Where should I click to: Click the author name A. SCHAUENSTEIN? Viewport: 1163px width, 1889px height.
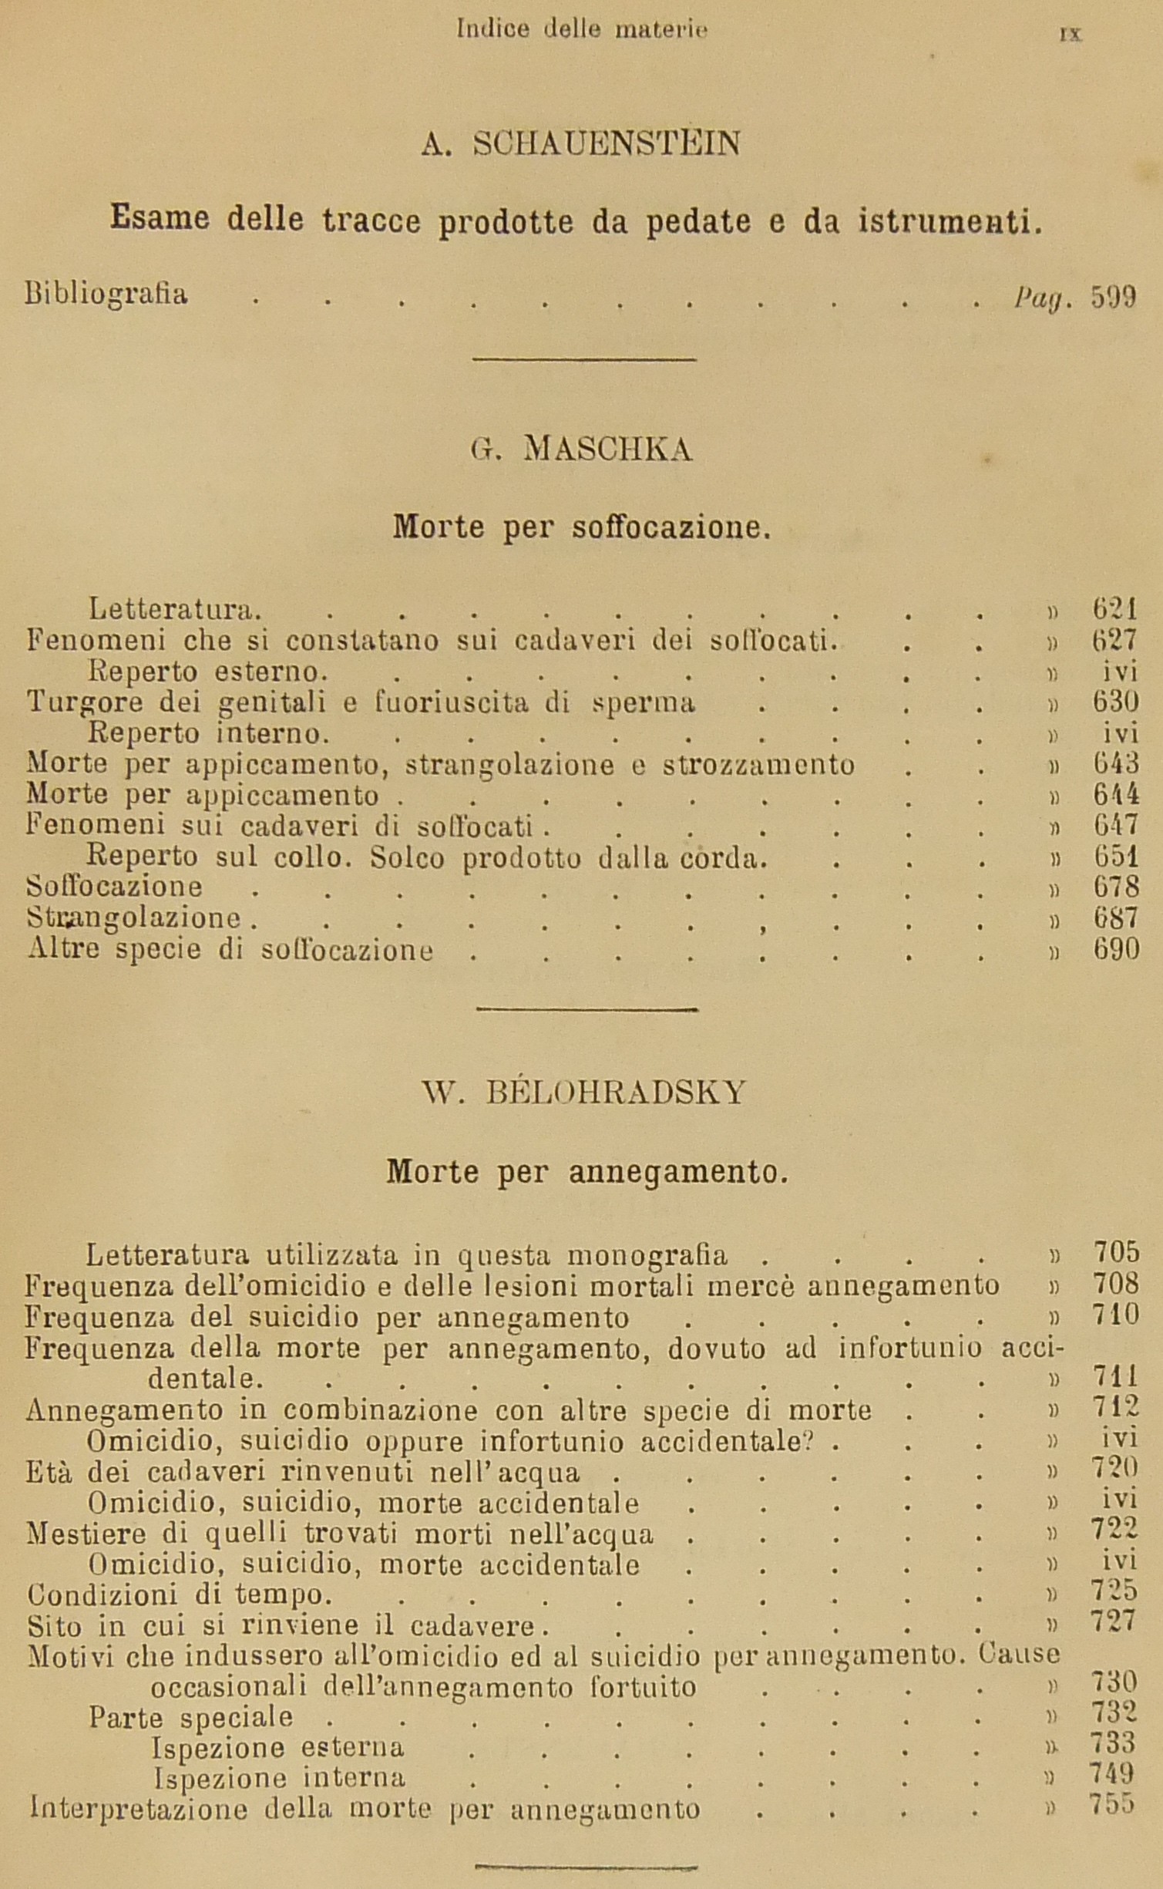(x=580, y=143)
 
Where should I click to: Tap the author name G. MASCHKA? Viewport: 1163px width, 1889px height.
(x=580, y=449)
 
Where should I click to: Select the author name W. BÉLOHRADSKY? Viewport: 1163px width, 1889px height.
(x=583, y=1093)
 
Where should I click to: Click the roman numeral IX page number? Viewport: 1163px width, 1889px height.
(x=1071, y=33)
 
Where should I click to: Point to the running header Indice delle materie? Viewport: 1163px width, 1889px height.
(x=582, y=29)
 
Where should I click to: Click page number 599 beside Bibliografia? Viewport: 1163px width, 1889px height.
(x=1113, y=296)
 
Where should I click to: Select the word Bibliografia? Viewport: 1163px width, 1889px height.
(x=106, y=295)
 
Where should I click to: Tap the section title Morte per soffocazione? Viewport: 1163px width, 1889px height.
(x=581, y=527)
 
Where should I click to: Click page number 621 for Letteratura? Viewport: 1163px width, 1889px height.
(x=1114, y=610)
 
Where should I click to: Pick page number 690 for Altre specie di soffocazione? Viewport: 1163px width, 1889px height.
(x=1116, y=949)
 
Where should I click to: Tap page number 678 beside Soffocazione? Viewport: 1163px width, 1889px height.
(x=1116, y=887)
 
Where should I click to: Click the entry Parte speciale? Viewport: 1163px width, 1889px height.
(x=190, y=1717)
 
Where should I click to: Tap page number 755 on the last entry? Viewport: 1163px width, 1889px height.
(x=1111, y=1805)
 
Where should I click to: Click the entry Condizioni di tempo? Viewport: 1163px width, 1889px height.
(x=180, y=1594)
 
